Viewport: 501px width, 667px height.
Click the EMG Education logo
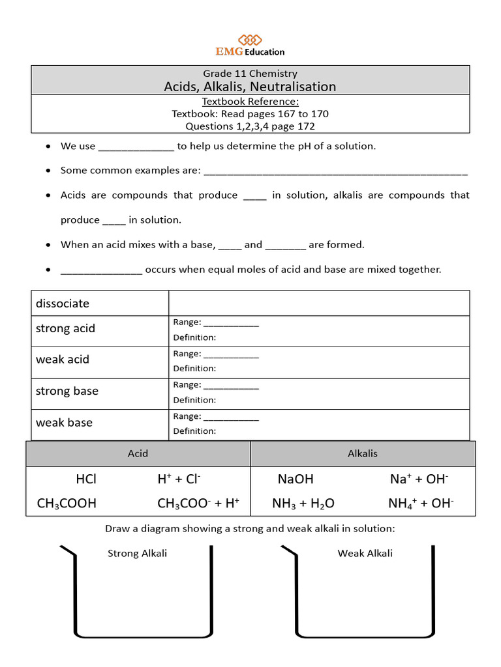250,45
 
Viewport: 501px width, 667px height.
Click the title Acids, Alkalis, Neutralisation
250,87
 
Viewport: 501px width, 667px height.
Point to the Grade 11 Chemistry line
250,74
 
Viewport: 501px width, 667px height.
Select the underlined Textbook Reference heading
250,102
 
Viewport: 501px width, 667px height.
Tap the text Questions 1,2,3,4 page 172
250,126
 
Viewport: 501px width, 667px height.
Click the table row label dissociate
63,304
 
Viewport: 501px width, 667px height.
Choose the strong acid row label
65,328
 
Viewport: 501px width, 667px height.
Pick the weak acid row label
63,360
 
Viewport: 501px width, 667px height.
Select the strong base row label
67,391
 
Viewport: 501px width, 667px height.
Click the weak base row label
64,422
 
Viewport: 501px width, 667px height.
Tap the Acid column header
138,453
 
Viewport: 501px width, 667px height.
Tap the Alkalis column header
363,453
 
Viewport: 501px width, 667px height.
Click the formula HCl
86,479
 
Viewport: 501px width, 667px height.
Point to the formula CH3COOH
67,503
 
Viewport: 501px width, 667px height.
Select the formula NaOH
296,479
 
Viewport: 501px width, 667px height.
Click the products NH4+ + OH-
421,503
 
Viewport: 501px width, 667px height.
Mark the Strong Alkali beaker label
137,553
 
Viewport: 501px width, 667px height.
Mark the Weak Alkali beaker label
365,553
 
